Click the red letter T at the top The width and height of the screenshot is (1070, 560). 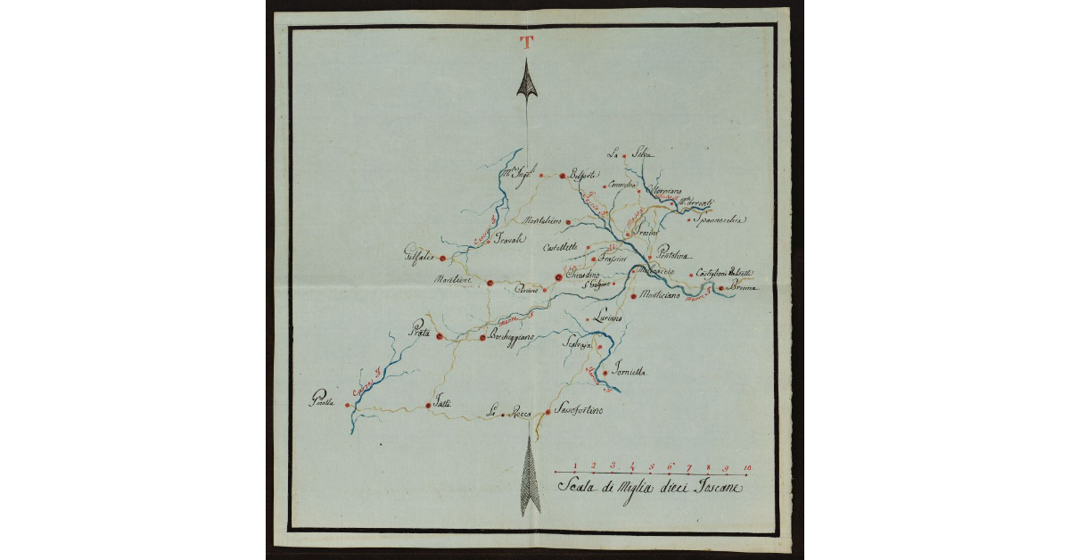(x=527, y=41)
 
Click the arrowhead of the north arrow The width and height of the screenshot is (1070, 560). (x=527, y=80)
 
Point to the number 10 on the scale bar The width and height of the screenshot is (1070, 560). (x=746, y=465)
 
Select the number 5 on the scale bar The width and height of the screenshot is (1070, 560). (x=651, y=465)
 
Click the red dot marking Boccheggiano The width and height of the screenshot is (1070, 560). (x=482, y=338)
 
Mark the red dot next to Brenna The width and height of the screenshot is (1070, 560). (x=720, y=288)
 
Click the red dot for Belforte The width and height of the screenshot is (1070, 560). (x=562, y=176)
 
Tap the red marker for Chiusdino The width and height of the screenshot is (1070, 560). (x=558, y=277)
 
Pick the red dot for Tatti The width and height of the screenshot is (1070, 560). (x=428, y=406)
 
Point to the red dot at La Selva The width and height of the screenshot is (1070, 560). (x=624, y=156)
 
